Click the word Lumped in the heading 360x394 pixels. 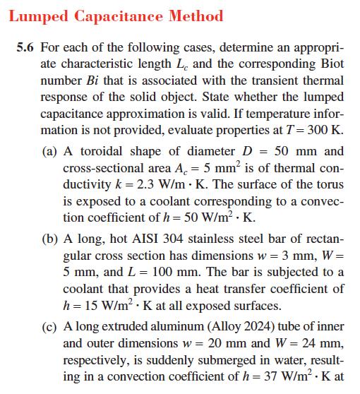tap(39, 16)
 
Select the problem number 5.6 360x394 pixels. tap(25, 49)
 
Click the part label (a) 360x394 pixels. tap(51, 151)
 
